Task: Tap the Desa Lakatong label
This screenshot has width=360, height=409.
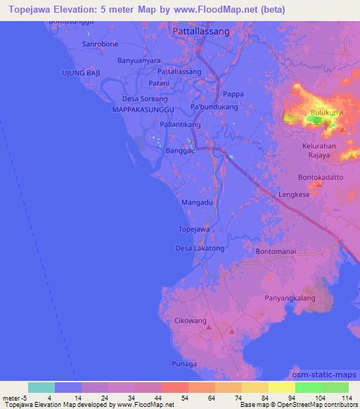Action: (x=200, y=248)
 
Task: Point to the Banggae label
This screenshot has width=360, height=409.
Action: (x=179, y=150)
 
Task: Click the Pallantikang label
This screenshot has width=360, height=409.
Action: (x=181, y=124)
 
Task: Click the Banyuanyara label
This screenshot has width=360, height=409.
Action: (x=139, y=60)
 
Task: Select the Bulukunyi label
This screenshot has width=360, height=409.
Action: (x=326, y=112)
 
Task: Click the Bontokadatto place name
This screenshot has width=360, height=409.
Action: (x=321, y=177)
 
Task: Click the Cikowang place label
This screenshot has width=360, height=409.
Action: (x=189, y=320)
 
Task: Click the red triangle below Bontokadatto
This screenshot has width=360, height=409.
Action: (x=318, y=185)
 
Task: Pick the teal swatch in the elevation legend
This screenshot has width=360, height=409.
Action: (x=41, y=387)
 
